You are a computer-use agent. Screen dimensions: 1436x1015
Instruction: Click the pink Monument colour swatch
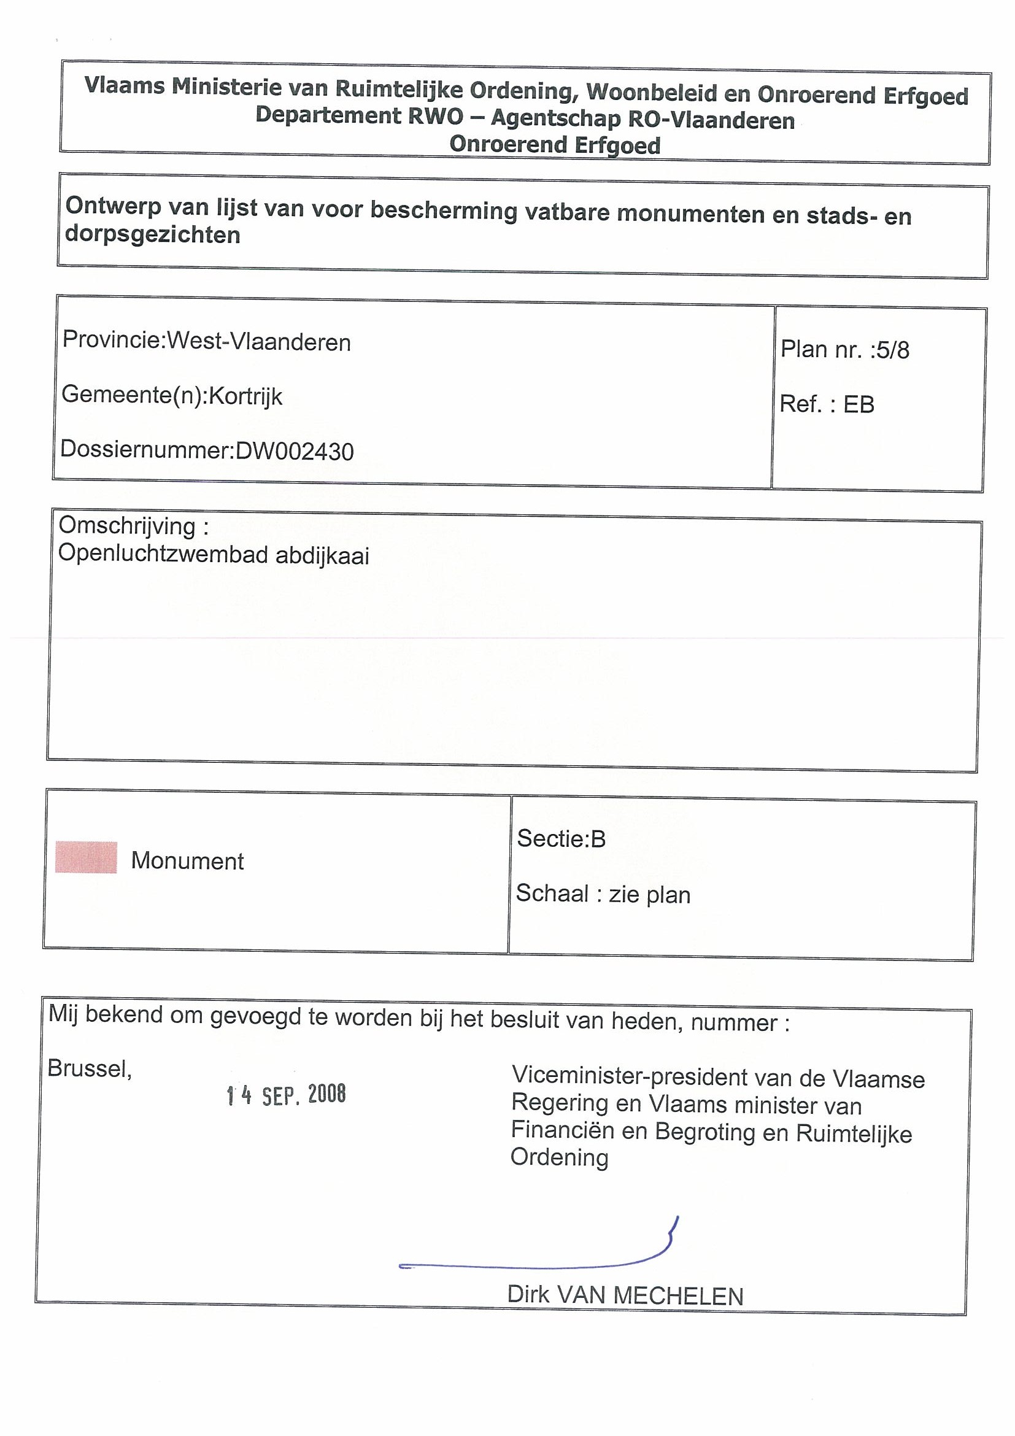point(86,857)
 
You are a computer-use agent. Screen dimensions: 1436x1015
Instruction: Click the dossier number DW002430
point(294,451)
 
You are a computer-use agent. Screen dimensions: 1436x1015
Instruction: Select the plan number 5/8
point(892,350)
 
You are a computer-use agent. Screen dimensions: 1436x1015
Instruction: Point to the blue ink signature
point(538,1257)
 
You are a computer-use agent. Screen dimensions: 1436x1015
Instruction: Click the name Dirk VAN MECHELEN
point(625,1295)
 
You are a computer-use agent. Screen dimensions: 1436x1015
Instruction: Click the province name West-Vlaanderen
point(258,341)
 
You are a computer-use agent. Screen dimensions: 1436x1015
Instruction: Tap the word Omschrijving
point(127,525)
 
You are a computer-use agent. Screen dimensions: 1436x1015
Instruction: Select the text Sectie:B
point(561,839)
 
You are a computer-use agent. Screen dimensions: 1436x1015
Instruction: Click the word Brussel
point(89,1068)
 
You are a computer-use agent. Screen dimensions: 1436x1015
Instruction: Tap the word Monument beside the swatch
point(187,861)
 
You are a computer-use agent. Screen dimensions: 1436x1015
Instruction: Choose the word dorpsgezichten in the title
point(153,235)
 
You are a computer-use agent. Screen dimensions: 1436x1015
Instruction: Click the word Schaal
point(552,894)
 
